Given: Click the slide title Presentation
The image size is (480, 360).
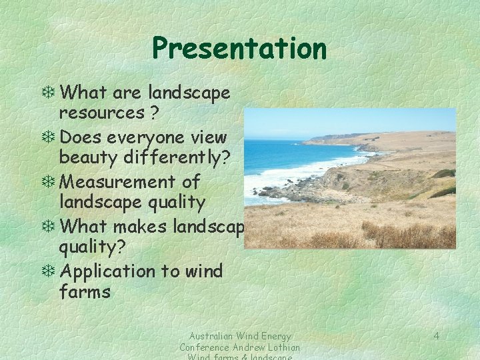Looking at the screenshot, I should tap(239, 48).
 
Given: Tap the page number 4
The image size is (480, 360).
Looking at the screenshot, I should tap(436, 335).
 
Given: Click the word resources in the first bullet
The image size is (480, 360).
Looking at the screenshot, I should tap(101, 113).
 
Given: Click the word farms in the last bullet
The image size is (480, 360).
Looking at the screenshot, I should tap(85, 292).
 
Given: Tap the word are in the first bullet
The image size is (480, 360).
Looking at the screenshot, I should tap(129, 93).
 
